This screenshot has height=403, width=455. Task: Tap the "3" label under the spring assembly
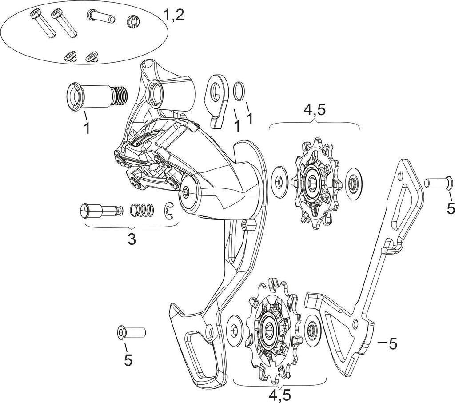pos(131,239)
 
